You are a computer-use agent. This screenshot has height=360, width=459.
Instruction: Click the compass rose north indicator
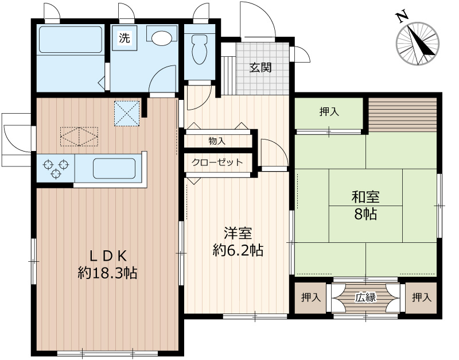pos(418,42)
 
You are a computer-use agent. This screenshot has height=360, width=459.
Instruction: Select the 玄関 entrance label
pos(260,67)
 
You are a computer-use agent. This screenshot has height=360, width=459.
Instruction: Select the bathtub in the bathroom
pos(69,40)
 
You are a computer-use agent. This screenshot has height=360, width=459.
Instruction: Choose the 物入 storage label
pos(217,140)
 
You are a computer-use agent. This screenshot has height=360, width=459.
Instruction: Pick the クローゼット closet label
pos(217,162)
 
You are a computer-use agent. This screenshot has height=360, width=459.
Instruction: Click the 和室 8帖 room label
pos(365,206)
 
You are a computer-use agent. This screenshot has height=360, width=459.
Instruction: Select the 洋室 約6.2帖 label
pos(238,241)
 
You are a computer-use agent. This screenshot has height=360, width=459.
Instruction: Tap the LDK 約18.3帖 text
pos(107,264)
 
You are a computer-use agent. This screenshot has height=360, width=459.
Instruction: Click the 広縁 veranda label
pos(365,297)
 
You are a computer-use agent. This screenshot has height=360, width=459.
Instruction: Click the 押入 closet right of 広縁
pos(421,297)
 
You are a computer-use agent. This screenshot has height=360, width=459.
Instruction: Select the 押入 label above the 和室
pos(329,112)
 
